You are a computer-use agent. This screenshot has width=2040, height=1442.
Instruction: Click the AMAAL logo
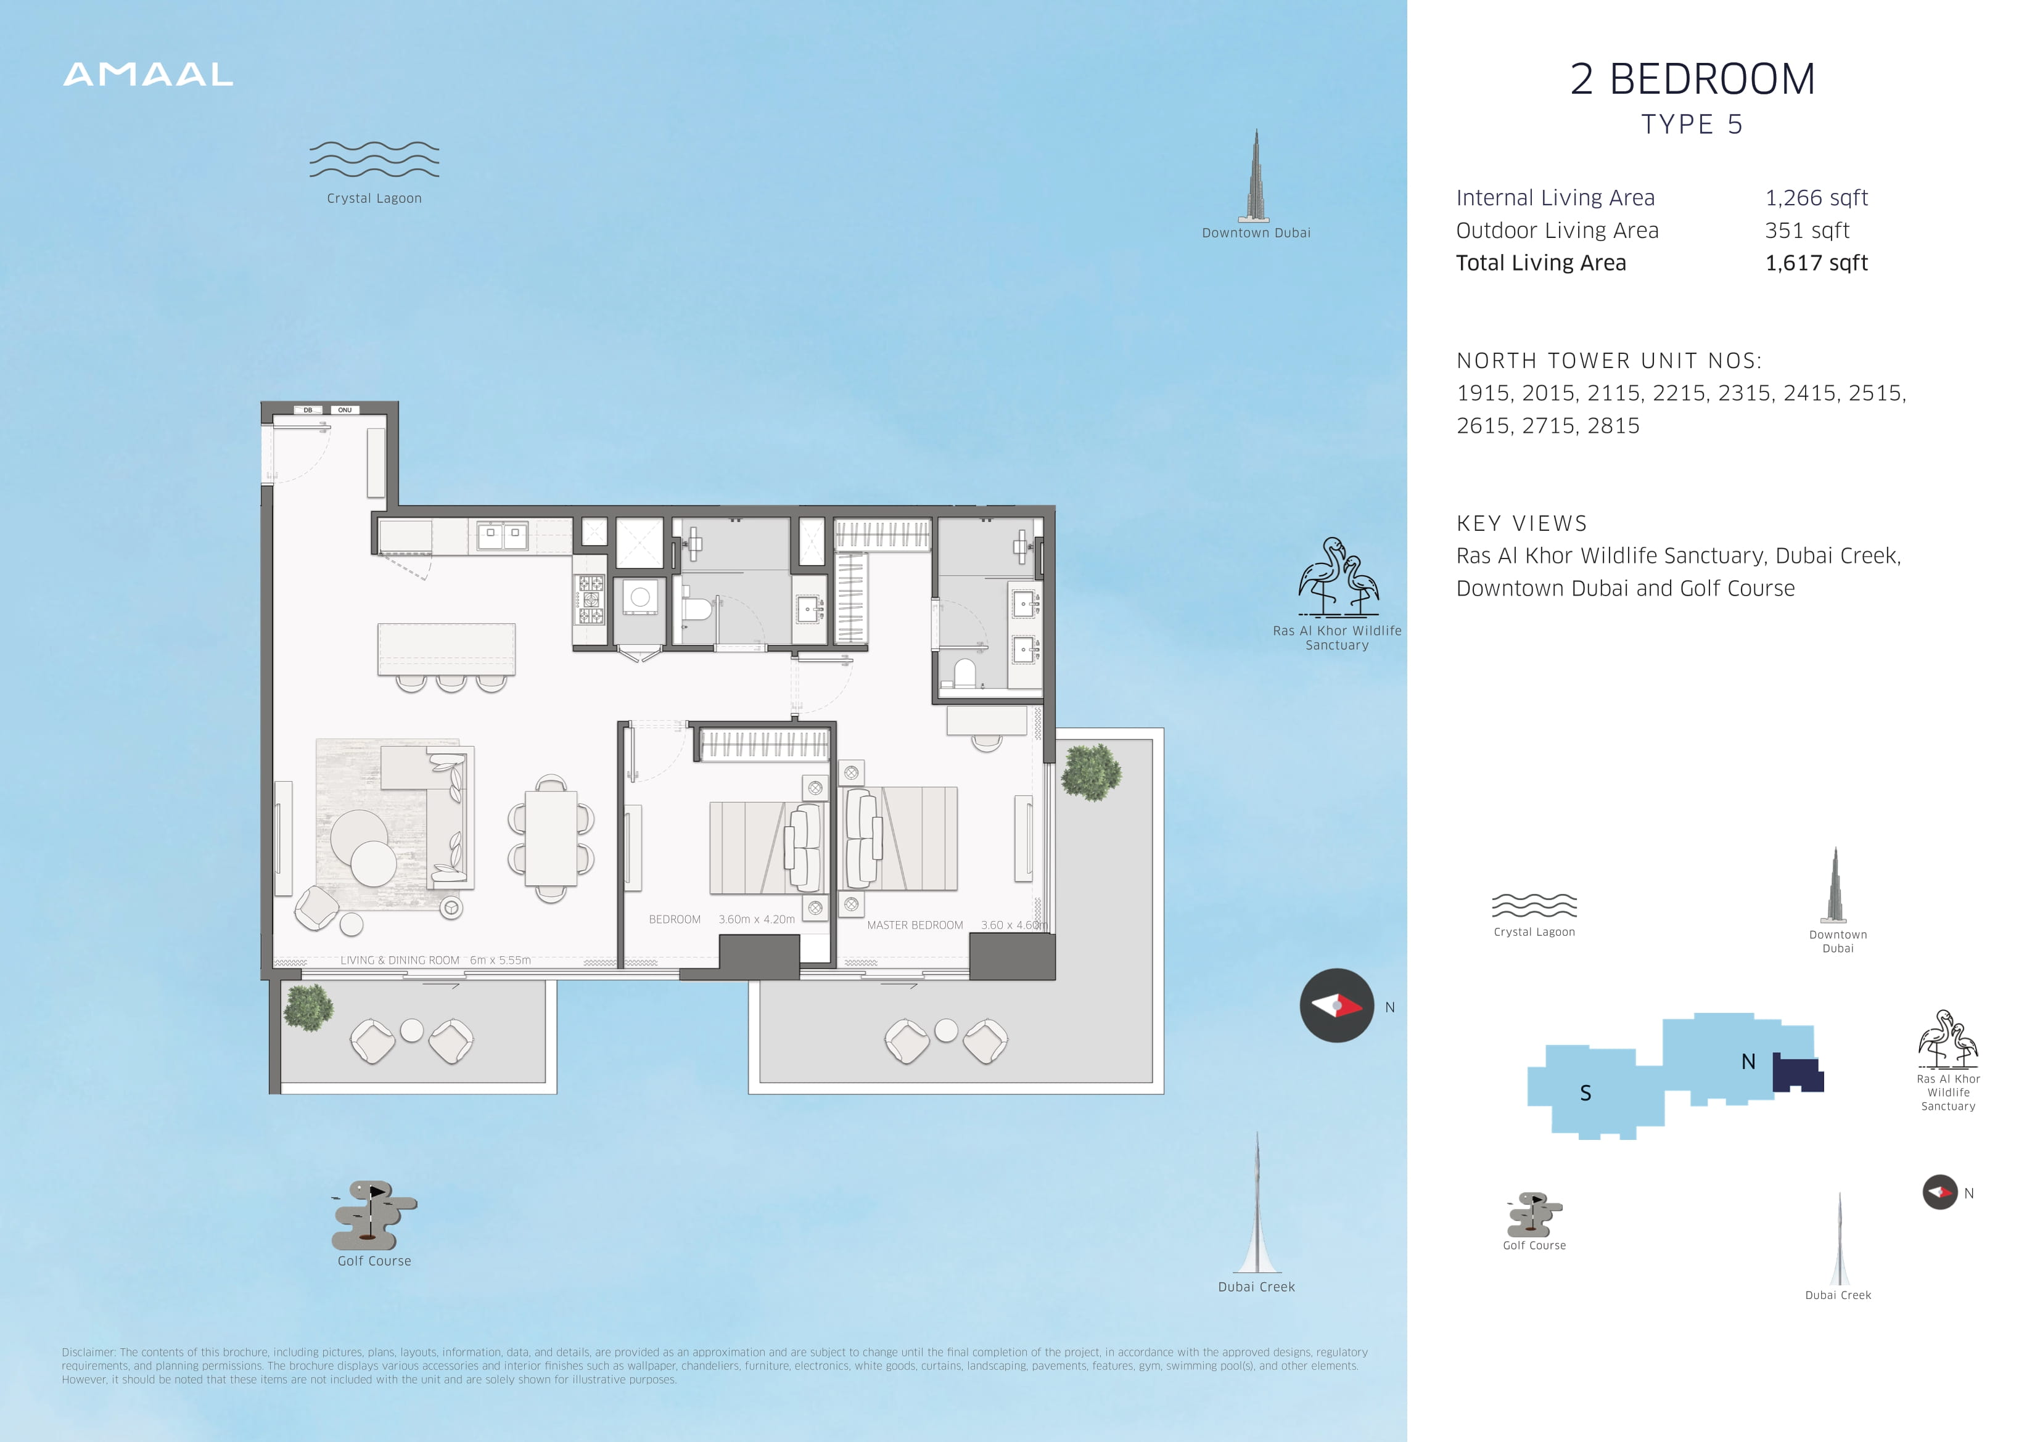(x=149, y=75)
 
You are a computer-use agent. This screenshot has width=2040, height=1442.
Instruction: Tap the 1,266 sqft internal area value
(x=1816, y=198)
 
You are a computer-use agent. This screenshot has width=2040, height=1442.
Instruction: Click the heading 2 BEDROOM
(x=1693, y=79)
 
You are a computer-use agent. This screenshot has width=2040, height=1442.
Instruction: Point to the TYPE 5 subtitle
(x=1692, y=125)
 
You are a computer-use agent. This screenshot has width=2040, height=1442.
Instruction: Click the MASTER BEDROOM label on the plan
(x=915, y=925)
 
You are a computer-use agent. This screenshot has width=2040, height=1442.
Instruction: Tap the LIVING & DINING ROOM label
(x=400, y=961)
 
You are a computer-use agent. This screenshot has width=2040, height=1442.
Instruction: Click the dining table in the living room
(x=551, y=838)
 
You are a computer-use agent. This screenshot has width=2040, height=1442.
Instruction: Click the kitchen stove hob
(x=591, y=599)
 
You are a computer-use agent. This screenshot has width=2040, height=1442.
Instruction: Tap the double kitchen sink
(x=502, y=535)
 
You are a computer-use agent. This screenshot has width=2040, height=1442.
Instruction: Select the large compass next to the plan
(x=1336, y=1006)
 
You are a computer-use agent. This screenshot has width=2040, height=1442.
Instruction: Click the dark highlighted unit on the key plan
(x=1796, y=1073)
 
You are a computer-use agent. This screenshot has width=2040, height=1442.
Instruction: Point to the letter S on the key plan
(x=1585, y=1094)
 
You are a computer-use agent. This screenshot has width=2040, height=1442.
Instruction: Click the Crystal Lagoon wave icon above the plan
(x=374, y=160)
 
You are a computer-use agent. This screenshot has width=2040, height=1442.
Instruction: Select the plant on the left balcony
(x=308, y=1007)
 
